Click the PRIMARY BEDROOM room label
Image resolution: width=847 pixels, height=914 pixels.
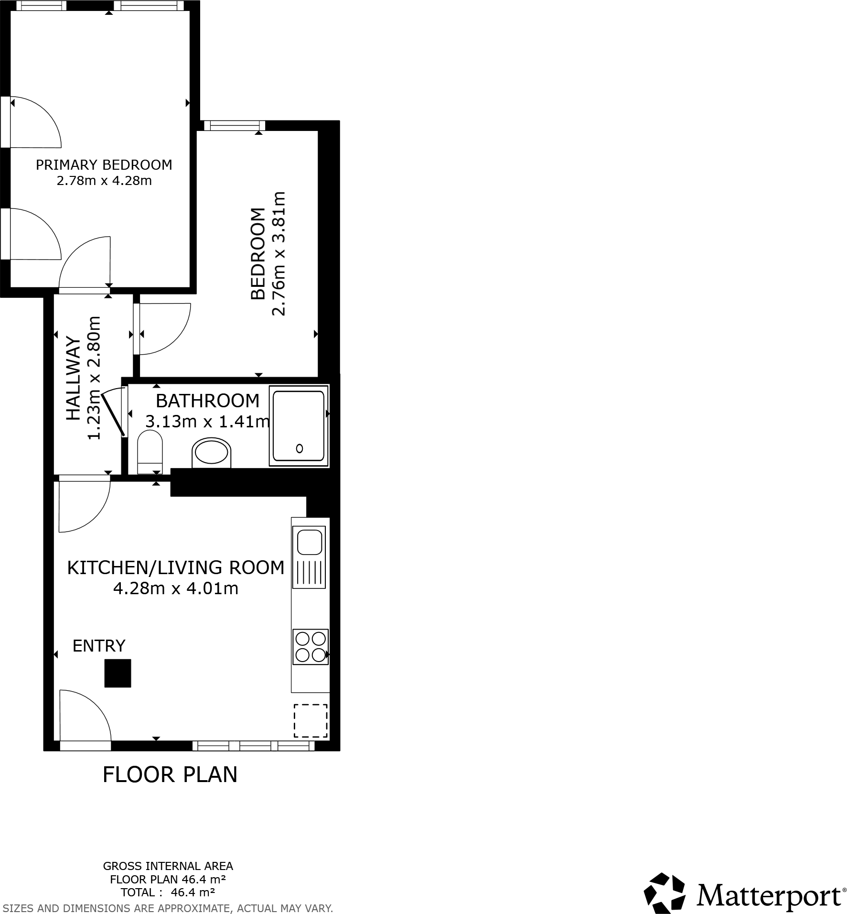coord(104,165)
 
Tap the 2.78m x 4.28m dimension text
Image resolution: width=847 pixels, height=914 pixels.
coord(104,181)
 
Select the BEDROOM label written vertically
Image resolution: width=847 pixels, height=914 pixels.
coord(258,253)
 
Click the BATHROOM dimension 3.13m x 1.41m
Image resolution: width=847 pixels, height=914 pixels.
coord(207,422)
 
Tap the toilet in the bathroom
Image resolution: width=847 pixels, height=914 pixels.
coord(150,452)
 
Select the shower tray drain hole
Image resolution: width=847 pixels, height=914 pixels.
coord(300,448)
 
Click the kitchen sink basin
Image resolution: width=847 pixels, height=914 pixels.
coord(310,541)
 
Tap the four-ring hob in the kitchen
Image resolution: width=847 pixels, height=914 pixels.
coord(311,646)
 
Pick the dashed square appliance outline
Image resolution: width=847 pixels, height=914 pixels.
coord(311,720)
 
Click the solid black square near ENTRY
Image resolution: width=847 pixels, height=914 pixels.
coord(118,673)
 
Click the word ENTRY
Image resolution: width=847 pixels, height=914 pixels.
coord(99,646)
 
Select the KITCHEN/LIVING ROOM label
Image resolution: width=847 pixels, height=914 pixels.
coord(175,567)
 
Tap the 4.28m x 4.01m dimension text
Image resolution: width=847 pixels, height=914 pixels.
coord(175,588)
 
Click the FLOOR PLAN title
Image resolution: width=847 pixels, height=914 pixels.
coord(170,775)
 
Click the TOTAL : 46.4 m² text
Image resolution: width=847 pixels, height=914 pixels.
coord(168,892)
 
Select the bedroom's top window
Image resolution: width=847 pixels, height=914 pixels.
coord(234,126)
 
